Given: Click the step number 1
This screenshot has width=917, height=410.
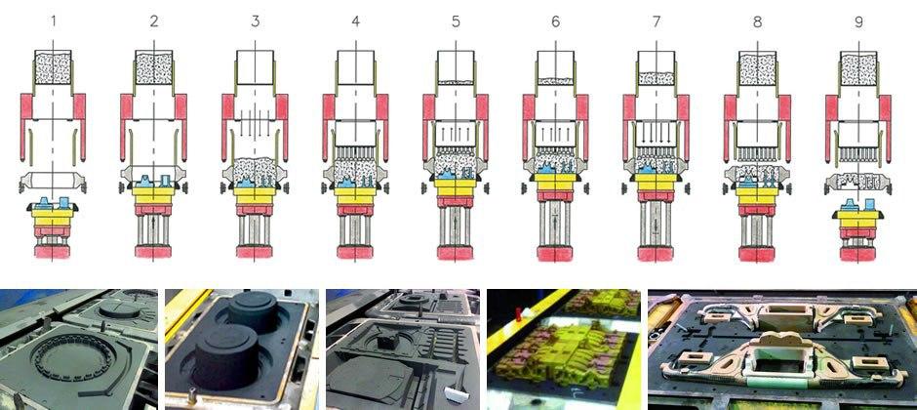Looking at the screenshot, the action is pos(54,22).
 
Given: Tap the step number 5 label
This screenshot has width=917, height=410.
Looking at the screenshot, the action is pos(456,22).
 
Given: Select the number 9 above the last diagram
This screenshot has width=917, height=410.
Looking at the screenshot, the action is pos(857,22).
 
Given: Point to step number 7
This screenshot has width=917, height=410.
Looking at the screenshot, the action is pos(657,22).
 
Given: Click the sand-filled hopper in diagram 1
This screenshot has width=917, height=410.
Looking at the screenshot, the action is pos(54,67).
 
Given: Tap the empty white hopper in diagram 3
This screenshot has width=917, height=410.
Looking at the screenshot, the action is pos(255,67).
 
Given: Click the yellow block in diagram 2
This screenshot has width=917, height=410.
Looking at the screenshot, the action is pos(153,195).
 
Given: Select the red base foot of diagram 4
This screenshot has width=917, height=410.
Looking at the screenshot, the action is pos(355,252).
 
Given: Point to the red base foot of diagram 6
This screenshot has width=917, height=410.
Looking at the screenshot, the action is pos(555,253).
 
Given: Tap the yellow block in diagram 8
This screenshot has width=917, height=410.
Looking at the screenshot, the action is pos(757,196).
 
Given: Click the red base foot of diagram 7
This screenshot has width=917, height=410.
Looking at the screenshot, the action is pos(657,253).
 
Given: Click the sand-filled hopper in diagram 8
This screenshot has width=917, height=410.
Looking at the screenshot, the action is pos(757,67).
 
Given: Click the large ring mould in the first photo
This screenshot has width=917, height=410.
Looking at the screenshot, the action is pos(81,361).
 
